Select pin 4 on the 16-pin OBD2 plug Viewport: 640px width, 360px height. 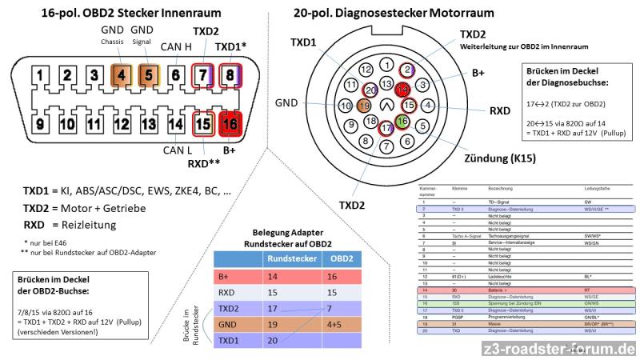pos(121,78)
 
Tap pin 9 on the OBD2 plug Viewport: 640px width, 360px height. pos(39,124)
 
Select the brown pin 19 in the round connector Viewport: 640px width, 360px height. pos(364,105)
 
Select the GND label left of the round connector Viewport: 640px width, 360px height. pos(286,103)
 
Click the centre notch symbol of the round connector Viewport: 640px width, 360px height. pos(388,104)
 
